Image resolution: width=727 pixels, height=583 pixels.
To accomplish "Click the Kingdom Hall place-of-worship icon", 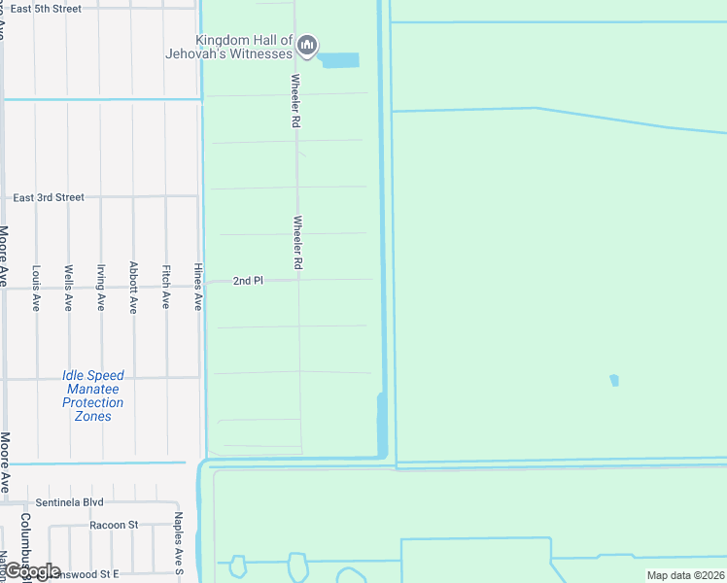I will [307, 45].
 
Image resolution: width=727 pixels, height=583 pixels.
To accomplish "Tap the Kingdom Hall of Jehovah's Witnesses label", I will [244, 47].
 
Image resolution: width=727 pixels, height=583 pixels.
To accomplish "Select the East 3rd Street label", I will [49, 197].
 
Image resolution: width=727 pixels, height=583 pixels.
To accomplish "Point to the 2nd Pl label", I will [248, 281].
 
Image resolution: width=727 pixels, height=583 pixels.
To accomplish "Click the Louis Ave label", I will [36, 288].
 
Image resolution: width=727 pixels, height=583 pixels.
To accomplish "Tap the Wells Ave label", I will [68, 288].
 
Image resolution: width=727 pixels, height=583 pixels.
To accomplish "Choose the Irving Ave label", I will [101, 288].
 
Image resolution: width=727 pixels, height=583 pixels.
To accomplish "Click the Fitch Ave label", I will [166, 288].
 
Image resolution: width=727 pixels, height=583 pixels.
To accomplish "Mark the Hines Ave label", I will [198, 288].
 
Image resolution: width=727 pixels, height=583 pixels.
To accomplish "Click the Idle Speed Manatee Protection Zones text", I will [93, 395].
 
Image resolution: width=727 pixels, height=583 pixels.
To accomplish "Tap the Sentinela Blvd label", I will [69, 502].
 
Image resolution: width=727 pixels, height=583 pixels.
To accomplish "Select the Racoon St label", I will [114, 525].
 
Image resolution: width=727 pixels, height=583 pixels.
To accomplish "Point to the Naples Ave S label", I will [178, 544].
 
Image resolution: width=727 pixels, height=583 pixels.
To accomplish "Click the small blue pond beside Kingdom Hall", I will [339, 60].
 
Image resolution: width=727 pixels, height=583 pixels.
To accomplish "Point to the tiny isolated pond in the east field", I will [613, 380].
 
